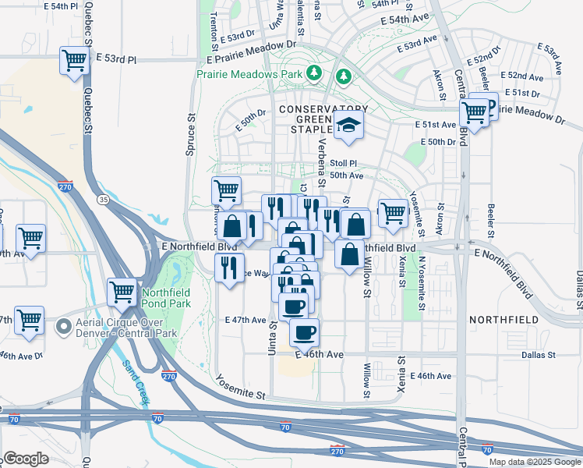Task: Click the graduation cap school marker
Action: (x=348, y=124)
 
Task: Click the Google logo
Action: (x=26, y=458)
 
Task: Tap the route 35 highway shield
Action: (x=103, y=200)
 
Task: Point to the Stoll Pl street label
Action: (x=343, y=163)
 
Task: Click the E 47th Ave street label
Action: (x=246, y=320)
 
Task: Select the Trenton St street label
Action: (x=214, y=27)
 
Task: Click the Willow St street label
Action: (x=366, y=282)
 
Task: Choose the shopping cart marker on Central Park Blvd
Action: (x=473, y=112)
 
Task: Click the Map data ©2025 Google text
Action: (x=535, y=462)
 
